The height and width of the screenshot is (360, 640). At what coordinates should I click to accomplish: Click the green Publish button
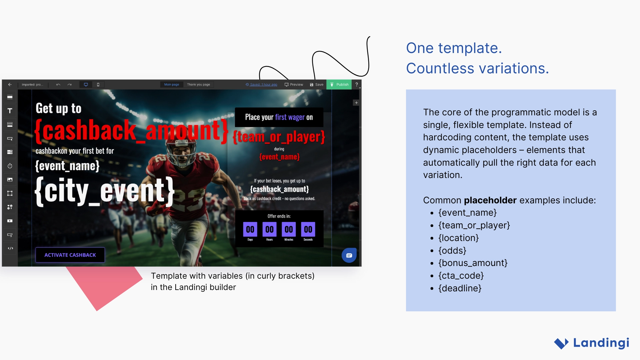point(339,85)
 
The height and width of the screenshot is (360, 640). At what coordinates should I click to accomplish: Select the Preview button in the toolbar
point(294,85)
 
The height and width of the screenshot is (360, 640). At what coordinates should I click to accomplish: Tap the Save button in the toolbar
point(316,85)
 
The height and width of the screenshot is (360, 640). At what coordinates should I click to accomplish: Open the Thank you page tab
point(198,85)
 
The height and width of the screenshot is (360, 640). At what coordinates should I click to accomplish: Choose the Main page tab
point(171,85)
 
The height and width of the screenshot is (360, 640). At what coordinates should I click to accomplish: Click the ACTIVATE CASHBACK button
point(70,255)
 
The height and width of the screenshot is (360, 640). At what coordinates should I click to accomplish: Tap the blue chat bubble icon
point(349,255)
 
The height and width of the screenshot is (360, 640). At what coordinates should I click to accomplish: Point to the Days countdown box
point(250,229)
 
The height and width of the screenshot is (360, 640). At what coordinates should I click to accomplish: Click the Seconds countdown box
point(308,229)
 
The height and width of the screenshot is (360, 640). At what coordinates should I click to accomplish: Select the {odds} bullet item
point(452,251)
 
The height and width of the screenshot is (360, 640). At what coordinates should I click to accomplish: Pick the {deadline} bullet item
point(460,288)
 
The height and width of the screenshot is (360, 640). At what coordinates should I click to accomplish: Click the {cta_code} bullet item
point(461,276)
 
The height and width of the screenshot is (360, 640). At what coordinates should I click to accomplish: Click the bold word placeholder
point(490,200)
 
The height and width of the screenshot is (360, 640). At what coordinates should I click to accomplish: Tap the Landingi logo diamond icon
point(561,343)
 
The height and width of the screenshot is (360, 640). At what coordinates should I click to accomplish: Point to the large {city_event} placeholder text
point(105,191)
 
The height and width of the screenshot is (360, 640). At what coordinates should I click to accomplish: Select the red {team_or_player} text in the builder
point(279,137)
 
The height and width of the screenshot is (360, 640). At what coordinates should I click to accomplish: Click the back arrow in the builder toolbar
point(10,85)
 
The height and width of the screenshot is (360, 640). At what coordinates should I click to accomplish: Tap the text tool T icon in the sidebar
point(10,111)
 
